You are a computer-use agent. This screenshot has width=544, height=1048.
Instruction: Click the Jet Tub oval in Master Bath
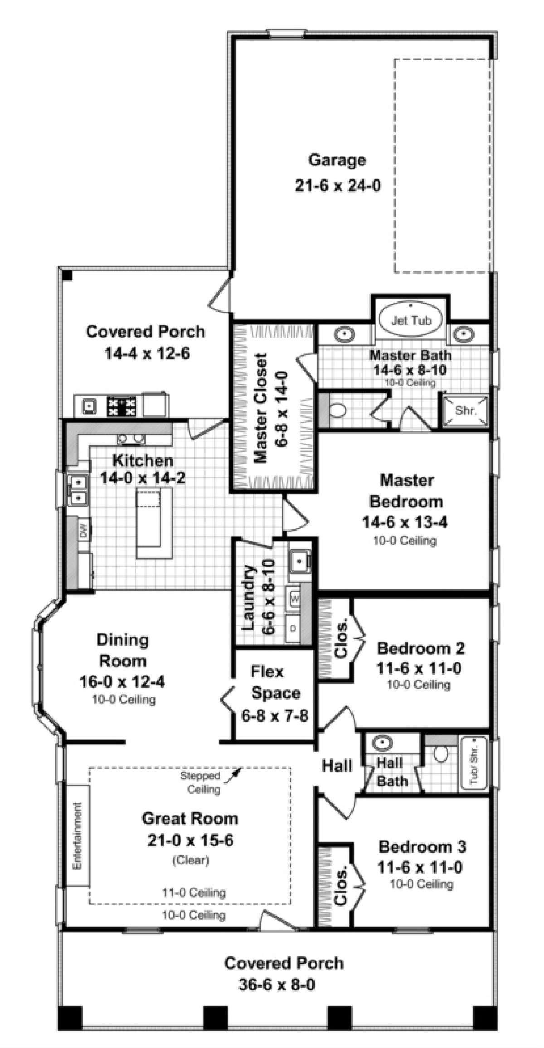click(x=411, y=321)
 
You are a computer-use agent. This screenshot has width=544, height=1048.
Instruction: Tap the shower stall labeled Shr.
click(x=466, y=411)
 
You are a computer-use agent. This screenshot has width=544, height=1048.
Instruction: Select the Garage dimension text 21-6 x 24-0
click(x=337, y=186)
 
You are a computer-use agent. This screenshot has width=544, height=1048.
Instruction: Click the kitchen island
click(x=155, y=523)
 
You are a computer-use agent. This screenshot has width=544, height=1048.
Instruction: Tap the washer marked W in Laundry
click(x=295, y=599)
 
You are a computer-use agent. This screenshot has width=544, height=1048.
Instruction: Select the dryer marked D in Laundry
click(x=293, y=629)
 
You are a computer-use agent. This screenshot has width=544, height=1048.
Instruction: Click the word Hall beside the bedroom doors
click(x=337, y=766)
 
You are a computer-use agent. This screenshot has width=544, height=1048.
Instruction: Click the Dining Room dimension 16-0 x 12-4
click(x=122, y=682)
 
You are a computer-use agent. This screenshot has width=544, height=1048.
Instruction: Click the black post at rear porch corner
click(x=67, y=275)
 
